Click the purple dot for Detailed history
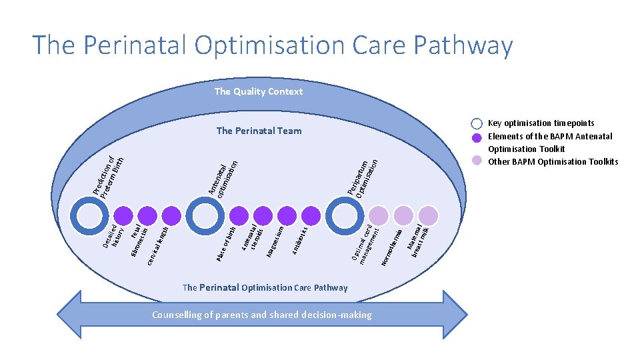pyautogui.click(x=122, y=215)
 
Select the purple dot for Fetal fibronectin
pyautogui.click(x=146, y=215)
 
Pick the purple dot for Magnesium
pyautogui.click(x=287, y=215)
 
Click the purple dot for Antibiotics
pyautogui.click(x=311, y=215)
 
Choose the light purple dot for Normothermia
pyautogui.click(x=403, y=215)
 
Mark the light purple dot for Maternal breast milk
pyautogui.click(x=428, y=215)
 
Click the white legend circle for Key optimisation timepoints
pyautogui.click(x=476, y=124)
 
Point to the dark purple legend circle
pyautogui.click(x=476, y=139)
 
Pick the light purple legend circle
pyautogui.click(x=476, y=160)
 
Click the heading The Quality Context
pyautogui.click(x=259, y=91)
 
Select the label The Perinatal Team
pyautogui.click(x=259, y=131)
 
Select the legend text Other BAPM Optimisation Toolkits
pyautogui.click(x=553, y=162)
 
